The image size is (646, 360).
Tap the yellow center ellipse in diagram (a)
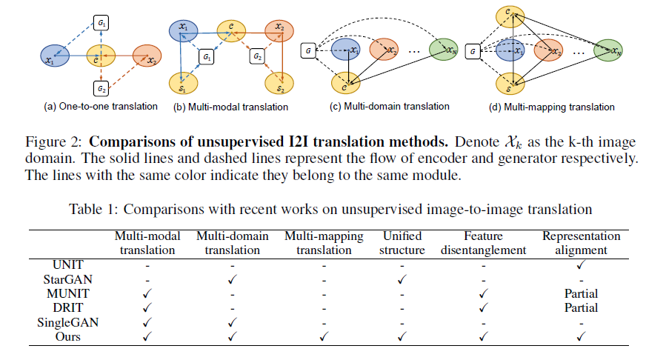click(97, 56)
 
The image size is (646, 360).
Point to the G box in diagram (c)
click(306, 50)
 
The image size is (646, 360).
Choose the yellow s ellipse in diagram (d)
click(510, 90)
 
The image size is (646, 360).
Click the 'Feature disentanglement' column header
click(484, 243)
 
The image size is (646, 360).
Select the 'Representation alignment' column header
click(581, 243)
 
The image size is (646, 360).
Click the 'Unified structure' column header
click(402, 243)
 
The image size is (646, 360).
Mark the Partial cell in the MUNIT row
click(581, 294)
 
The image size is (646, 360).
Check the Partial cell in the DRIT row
click(581, 308)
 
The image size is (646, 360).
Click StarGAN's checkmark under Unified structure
click(402, 280)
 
